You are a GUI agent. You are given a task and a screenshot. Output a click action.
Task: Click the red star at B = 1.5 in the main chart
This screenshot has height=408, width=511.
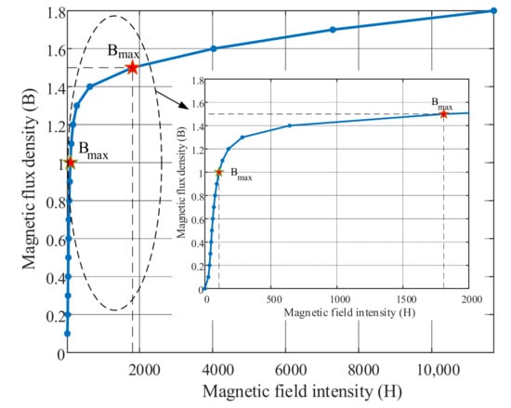(132, 67)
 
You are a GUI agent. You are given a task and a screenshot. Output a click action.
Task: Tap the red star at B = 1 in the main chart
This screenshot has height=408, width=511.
(71, 163)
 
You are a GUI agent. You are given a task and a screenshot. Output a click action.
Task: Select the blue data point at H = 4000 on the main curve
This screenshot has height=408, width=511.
(214, 48)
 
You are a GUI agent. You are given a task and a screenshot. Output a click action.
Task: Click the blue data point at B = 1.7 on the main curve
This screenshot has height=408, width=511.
(333, 30)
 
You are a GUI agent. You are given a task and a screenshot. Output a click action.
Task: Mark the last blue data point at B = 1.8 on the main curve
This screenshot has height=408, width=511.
(492, 10)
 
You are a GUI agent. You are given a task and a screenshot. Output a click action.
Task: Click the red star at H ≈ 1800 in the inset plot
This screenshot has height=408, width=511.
(443, 113)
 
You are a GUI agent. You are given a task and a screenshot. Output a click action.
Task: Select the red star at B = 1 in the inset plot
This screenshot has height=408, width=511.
(219, 172)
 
